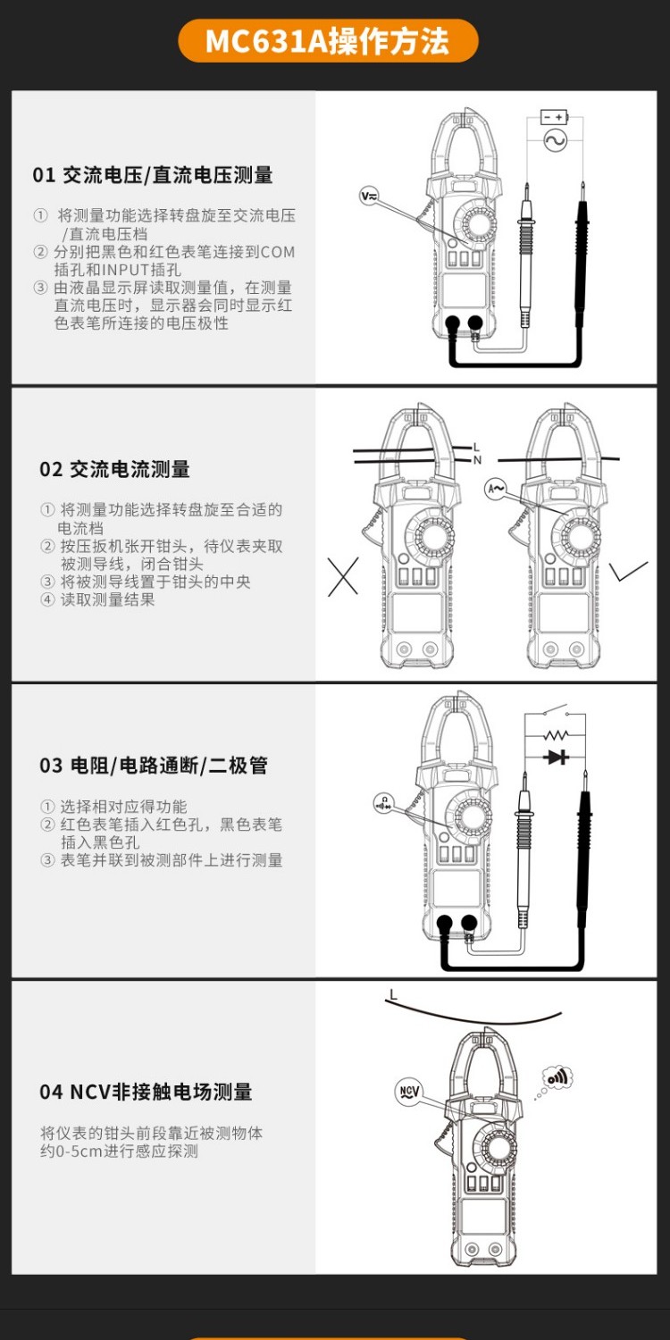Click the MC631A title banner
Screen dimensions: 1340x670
(328, 41)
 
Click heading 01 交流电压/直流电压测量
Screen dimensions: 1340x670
(153, 175)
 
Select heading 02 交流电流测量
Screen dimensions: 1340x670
(114, 469)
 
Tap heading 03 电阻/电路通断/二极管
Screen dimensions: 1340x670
(153, 766)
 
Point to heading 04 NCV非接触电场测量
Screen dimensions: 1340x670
(146, 1092)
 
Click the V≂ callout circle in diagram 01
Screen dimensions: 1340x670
(369, 196)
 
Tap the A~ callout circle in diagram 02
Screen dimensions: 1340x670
(496, 489)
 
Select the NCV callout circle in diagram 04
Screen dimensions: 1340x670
(408, 1092)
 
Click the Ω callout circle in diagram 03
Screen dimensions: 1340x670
(384, 802)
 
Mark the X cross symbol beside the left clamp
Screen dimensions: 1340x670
(342, 577)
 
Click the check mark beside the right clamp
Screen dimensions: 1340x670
(630, 570)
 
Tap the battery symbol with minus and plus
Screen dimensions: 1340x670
(554, 117)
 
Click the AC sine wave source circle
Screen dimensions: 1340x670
(554, 141)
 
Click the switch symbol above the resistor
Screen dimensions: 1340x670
(556, 712)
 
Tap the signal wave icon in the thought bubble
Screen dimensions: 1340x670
(558, 1077)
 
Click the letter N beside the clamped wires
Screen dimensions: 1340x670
(477, 460)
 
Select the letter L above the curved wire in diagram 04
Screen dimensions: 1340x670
(393, 994)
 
